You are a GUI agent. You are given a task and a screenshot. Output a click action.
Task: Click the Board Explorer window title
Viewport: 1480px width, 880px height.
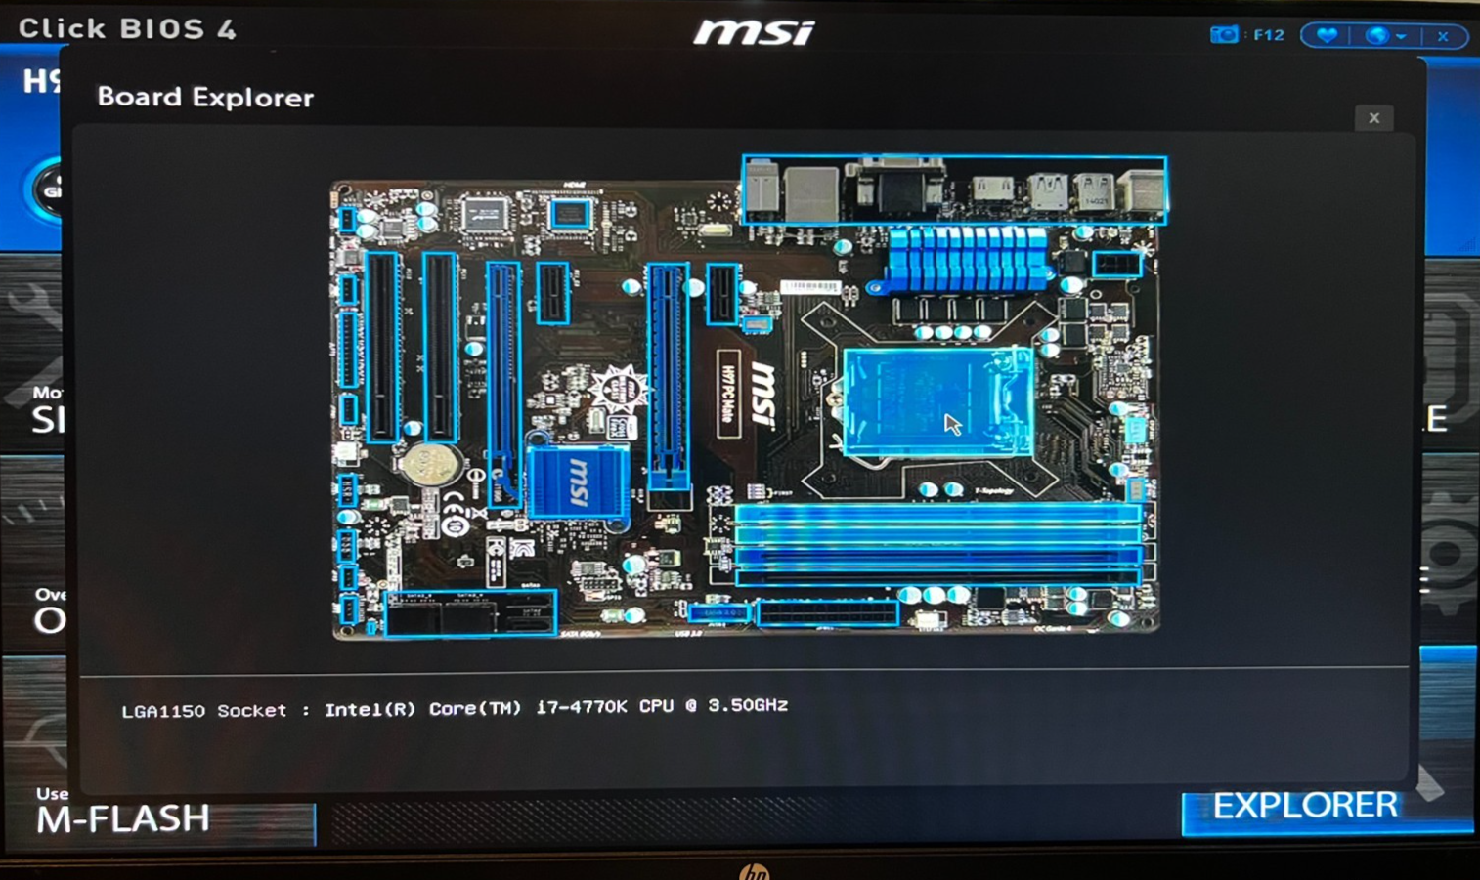pos(205,98)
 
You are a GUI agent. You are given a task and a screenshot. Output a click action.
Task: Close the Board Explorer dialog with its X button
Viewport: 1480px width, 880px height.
pos(1373,118)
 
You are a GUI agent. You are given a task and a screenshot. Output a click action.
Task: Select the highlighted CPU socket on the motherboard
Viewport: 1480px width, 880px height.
pos(936,402)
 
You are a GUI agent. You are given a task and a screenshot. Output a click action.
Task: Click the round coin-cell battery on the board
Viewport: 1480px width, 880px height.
pos(429,465)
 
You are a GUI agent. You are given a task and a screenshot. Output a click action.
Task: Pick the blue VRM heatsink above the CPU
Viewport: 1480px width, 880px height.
pos(968,259)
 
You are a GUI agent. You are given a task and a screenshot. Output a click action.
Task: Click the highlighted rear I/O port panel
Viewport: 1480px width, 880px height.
pos(954,190)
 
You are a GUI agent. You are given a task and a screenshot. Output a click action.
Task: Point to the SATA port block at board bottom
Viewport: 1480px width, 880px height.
pos(470,612)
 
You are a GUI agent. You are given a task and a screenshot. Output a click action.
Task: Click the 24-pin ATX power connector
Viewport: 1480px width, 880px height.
pos(827,613)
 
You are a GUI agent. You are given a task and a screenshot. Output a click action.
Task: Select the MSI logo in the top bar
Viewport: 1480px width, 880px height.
pos(754,33)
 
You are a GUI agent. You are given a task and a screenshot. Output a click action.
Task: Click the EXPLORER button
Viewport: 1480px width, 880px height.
pos(1305,806)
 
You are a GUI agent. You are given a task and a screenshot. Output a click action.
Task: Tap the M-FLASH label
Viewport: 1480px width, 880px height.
pos(123,818)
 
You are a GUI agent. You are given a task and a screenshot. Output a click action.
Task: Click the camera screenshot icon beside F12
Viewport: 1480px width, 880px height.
pos(1223,35)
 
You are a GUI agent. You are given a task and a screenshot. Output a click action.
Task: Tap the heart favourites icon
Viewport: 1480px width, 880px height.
pos(1327,36)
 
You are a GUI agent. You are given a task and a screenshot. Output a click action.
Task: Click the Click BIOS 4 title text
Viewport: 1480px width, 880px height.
pos(127,28)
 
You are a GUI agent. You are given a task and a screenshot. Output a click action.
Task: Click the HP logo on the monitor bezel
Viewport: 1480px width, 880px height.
pos(754,870)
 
